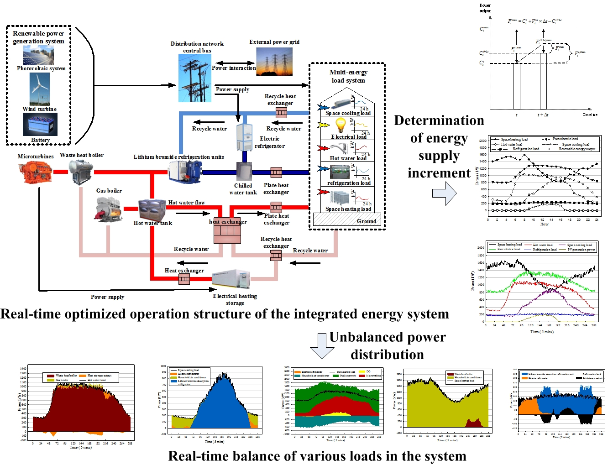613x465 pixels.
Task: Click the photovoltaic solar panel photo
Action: [x=38, y=56]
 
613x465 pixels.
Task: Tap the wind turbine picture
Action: [x=39, y=89]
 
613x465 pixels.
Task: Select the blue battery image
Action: [x=40, y=124]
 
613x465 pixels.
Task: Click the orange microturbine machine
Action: [x=34, y=172]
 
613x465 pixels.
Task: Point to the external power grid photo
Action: [x=274, y=62]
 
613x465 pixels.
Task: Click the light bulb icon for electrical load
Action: [x=341, y=125]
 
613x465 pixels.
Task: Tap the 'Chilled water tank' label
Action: [x=243, y=189]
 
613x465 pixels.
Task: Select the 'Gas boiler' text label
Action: [x=109, y=191]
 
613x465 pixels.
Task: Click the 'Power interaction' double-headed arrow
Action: [x=236, y=63]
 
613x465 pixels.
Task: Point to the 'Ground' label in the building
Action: [x=367, y=221]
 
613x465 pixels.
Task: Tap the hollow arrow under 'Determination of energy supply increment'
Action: [x=445, y=193]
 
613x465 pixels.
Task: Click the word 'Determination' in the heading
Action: [x=439, y=120]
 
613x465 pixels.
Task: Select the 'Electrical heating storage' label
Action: [x=235, y=299]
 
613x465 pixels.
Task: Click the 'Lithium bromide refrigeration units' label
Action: [x=179, y=157]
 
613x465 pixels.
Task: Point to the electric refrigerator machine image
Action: [x=244, y=137]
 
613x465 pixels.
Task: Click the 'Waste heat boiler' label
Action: [x=82, y=155]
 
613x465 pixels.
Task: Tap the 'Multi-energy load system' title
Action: [x=348, y=76]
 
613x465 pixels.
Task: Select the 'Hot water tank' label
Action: [x=153, y=223]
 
